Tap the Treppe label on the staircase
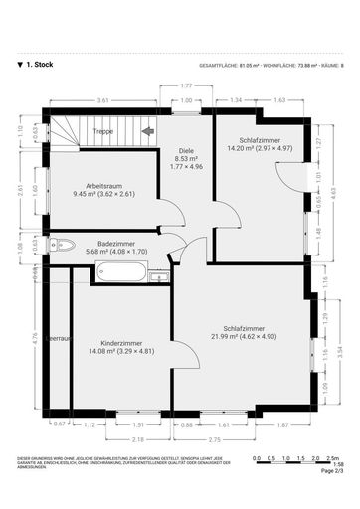coord(102,130)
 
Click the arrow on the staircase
coord(148,129)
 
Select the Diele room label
coord(185,152)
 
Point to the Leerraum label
coord(59,338)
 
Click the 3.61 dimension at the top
coord(102,99)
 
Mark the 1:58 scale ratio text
coord(338,464)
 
